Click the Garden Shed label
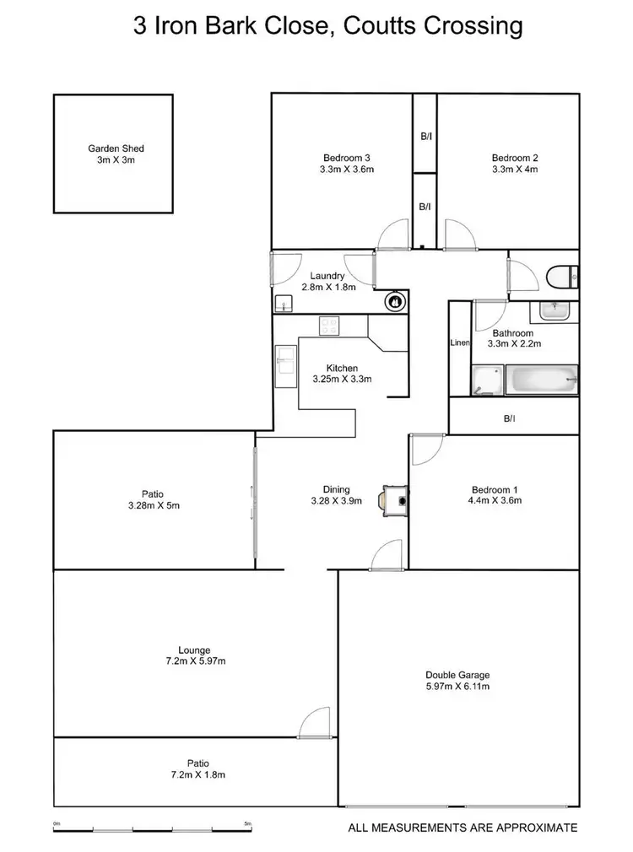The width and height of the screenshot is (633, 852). point(111,148)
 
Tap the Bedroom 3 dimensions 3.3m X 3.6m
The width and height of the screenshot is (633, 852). point(347,170)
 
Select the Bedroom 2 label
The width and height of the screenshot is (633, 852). point(515,158)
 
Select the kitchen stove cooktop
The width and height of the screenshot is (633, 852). point(329,325)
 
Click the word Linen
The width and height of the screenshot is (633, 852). point(459,343)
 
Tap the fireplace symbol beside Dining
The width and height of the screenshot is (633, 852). point(395,499)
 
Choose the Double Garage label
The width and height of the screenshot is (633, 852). point(457,675)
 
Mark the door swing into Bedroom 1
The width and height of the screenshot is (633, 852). point(426,451)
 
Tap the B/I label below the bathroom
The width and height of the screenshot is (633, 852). point(509,418)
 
